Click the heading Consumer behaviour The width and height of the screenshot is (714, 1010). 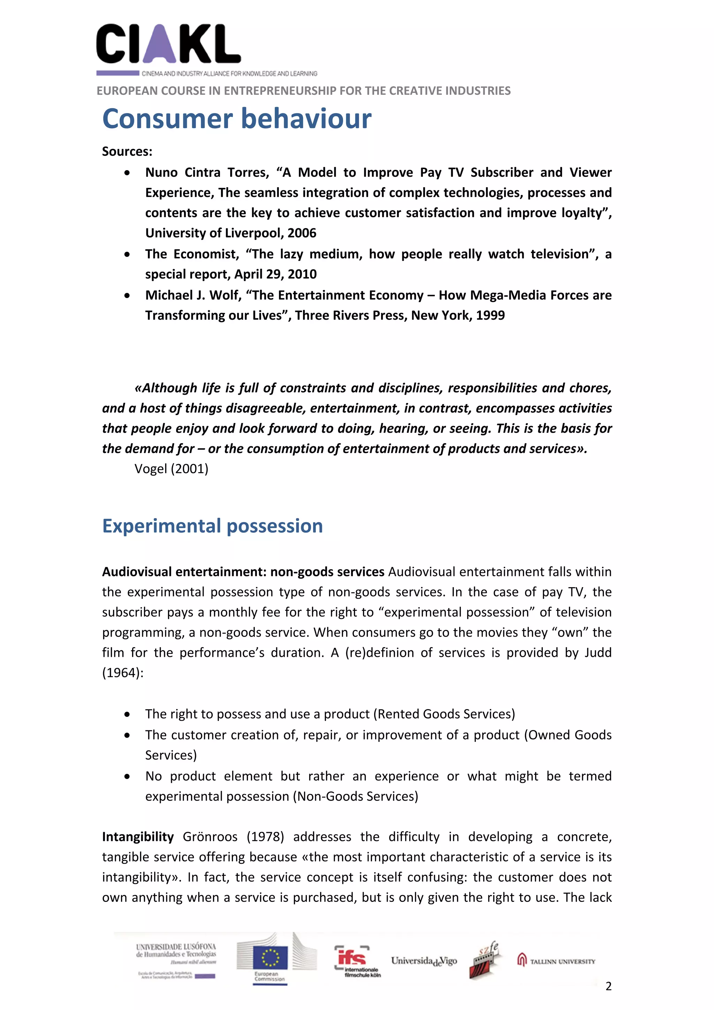(237, 119)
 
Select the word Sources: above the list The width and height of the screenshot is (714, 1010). (127, 151)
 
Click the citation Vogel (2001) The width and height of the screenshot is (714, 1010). (171, 469)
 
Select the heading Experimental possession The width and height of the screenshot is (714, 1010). (212, 526)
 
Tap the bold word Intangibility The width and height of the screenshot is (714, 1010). (138, 836)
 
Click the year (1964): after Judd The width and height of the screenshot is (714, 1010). (123, 673)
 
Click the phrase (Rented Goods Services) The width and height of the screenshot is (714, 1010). (444, 714)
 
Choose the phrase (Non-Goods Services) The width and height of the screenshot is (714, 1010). (357, 796)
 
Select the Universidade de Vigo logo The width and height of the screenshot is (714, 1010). (424, 961)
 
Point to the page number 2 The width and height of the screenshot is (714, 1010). (608, 986)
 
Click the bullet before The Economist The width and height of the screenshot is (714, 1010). (127, 254)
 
